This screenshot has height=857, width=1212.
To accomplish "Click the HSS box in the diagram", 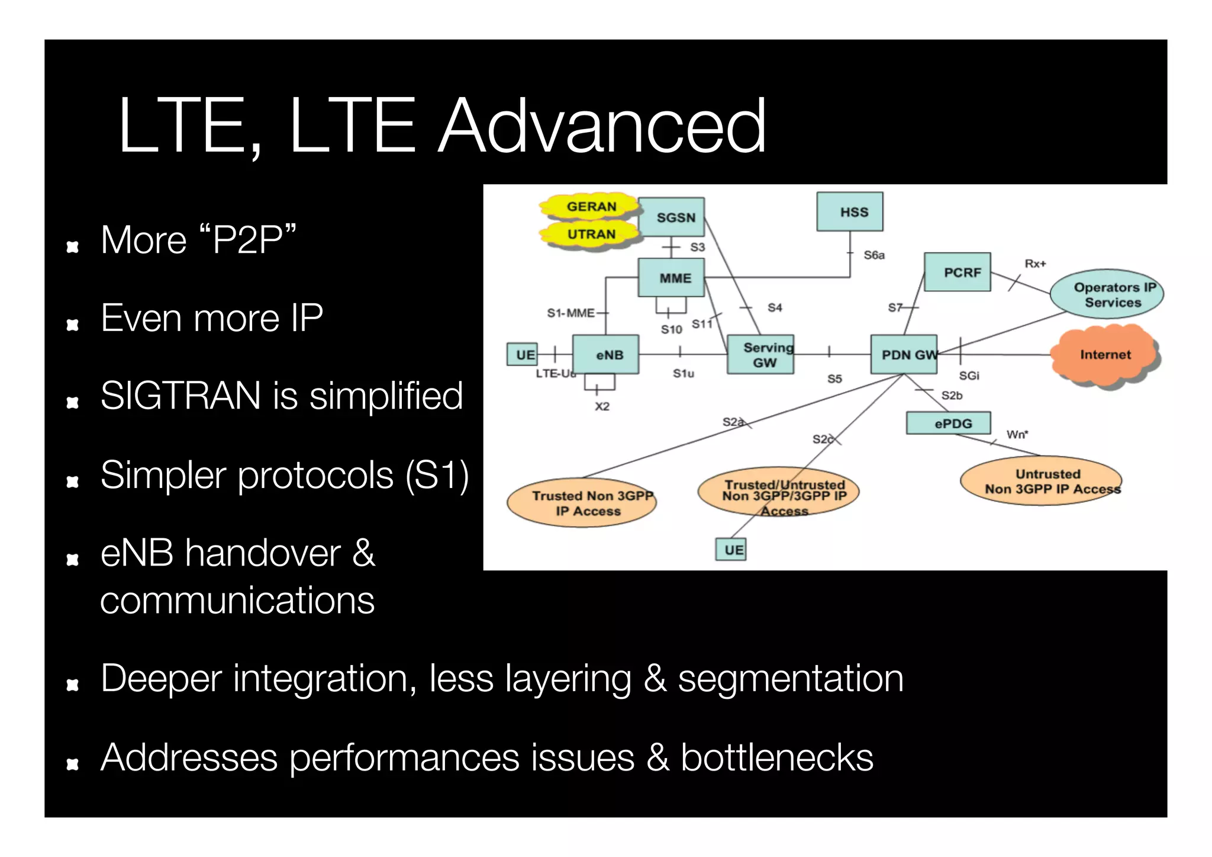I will coord(849,211).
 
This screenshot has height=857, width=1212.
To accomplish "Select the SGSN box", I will coord(672,217).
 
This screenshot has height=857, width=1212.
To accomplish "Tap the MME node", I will coord(671,277).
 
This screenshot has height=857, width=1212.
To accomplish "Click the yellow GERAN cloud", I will coord(591,207).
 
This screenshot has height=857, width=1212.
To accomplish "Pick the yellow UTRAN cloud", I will coord(591,234).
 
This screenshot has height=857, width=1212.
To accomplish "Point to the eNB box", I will coord(606,354).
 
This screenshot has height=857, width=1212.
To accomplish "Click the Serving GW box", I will coord(760,354).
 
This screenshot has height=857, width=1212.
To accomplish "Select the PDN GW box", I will coord(904,354).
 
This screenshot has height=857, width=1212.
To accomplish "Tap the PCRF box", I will coord(957,272).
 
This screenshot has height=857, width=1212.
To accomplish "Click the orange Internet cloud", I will coord(1104,354).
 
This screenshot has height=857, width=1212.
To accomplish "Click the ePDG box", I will coord(949,423).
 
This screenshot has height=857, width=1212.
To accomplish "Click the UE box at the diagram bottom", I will coord(731,549).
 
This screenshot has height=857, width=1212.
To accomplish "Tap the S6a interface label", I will coord(874,255).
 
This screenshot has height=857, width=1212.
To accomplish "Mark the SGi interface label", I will coord(969,375).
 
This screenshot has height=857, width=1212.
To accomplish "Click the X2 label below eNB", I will coord(602,406).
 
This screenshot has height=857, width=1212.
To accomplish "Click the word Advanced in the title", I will coord(602,126).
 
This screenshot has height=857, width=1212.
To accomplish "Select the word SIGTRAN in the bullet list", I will coord(180,395).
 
